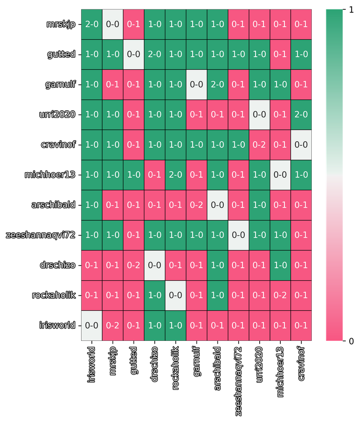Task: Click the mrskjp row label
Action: click(60, 24)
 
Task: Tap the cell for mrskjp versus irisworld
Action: click(91, 24)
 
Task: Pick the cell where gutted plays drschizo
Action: click(154, 54)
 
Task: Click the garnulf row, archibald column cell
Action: click(217, 84)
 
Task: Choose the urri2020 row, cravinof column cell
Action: click(301, 114)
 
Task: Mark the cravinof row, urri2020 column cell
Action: click(259, 144)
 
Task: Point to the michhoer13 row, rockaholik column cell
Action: click(175, 174)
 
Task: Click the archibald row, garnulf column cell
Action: click(196, 205)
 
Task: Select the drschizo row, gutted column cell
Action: click(134, 265)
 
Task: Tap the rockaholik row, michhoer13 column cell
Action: click(280, 295)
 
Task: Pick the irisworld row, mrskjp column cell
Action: click(112, 325)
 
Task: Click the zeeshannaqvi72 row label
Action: click(41, 235)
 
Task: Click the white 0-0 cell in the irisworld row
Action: click(91, 325)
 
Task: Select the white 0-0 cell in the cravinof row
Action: click(301, 144)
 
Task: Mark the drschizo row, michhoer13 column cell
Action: click(280, 265)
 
